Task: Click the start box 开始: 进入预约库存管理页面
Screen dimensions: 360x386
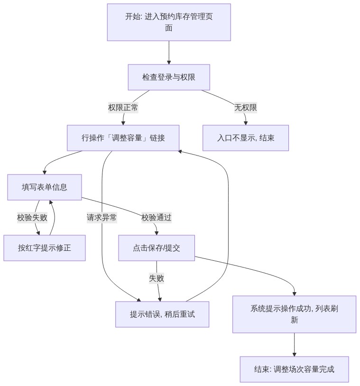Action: [169, 22]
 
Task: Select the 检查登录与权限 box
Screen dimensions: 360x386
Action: [169, 77]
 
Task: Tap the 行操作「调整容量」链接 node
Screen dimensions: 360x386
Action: [123, 138]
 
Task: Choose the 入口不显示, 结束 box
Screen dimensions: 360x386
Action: [246, 138]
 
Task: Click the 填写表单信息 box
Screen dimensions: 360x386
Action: [44, 187]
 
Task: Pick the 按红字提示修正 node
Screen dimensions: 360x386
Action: [44, 248]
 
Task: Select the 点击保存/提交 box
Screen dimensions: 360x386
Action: [157, 248]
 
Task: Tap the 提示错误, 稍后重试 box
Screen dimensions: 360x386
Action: [162, 314]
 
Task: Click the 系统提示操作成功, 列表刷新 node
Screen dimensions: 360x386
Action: [294, 314]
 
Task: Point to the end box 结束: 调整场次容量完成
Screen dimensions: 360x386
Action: [294, 369]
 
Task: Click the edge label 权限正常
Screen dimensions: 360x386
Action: [123, 108]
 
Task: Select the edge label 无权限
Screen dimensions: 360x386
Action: [246, 108]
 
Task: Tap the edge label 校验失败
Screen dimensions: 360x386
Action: [32, 218]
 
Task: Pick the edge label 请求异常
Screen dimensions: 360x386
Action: [102, 218]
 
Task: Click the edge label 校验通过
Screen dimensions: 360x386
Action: [157, 218]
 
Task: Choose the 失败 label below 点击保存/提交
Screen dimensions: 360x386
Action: [157, 278]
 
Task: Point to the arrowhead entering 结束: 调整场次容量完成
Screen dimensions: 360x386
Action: [294, 354]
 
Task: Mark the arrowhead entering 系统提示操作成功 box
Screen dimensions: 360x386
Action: [294, 294]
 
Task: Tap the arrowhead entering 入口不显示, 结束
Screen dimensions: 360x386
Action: [246, 123]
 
